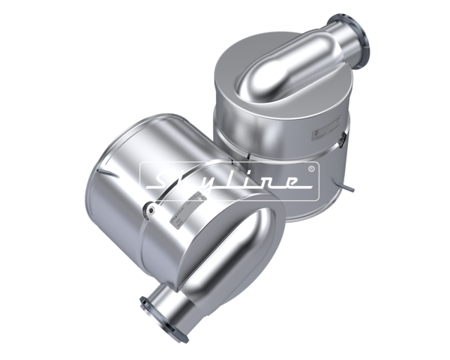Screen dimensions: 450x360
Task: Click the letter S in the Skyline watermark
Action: point(163,179)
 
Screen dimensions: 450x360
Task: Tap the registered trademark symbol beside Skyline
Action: point(311,169)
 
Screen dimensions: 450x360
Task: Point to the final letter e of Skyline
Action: point(289,182)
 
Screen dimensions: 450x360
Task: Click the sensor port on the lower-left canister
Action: point(149,211)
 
